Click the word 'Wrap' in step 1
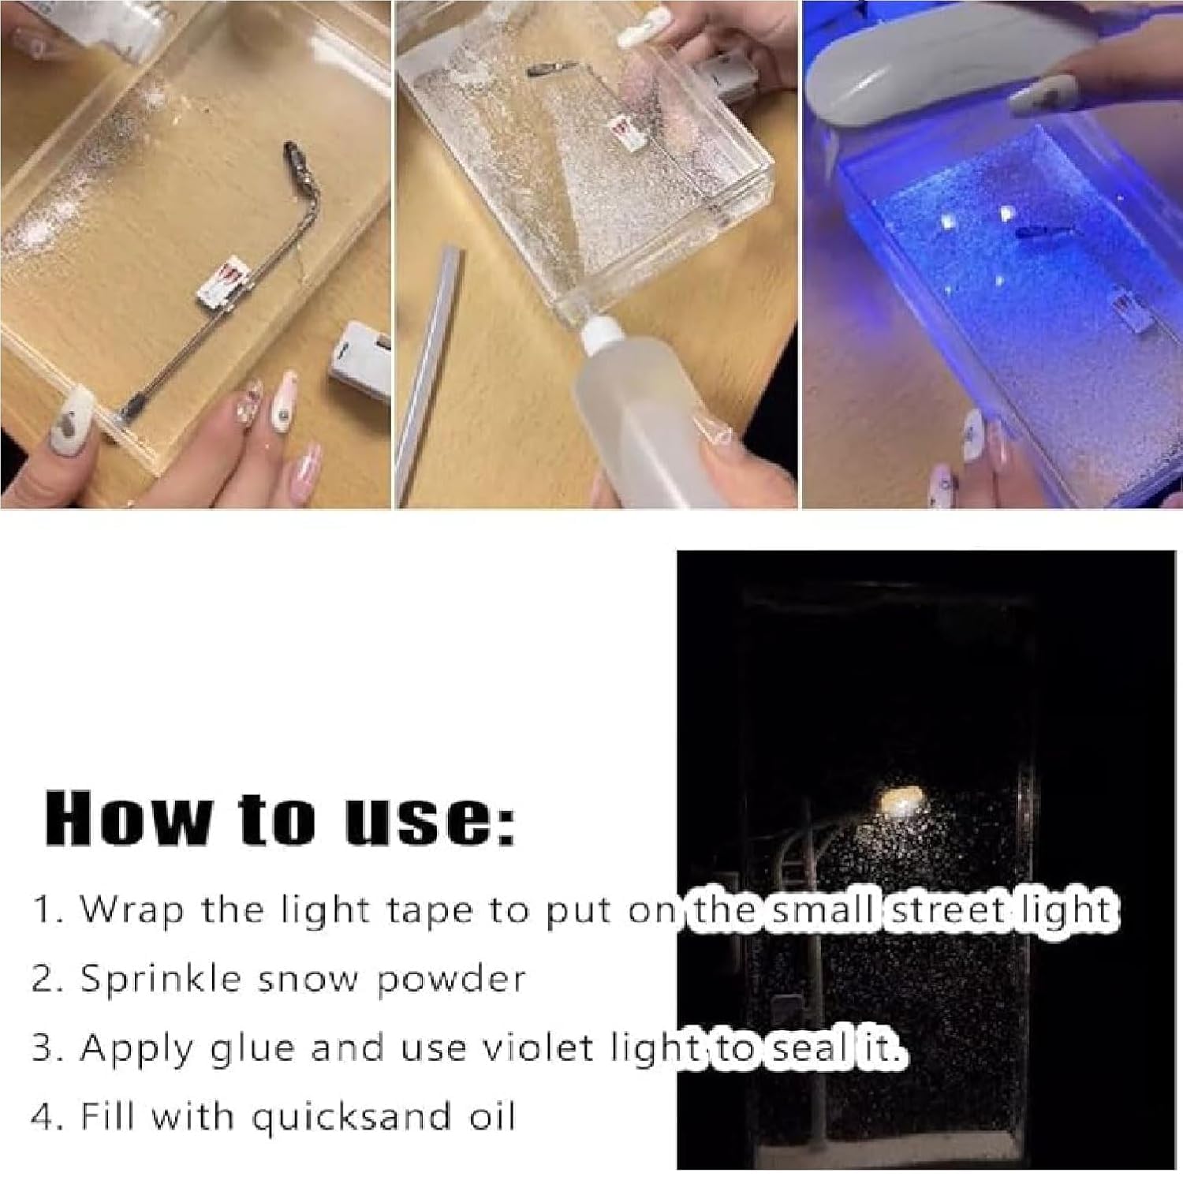click(x=132, y=910)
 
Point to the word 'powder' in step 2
click(x=450, y=980)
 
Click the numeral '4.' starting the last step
click(x=46, y=1117)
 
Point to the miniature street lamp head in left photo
click(x=294, y=154)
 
